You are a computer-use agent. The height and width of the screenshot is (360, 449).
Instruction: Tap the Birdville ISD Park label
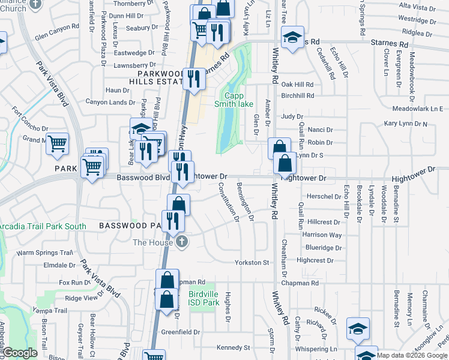(x=203, y=298)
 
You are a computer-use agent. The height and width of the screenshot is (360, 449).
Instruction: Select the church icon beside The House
(x=181, y=242)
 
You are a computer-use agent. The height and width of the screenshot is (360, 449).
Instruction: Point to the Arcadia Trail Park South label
(x=43, y=226)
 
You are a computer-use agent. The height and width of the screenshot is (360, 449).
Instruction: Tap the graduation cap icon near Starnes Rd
(x=292, y=40)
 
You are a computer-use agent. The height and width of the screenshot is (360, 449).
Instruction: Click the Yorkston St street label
(x=252, y=263)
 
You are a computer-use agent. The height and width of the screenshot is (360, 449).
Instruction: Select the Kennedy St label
(x=233, y=347)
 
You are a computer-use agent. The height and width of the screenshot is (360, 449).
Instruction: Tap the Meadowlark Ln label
(x=417, y=109)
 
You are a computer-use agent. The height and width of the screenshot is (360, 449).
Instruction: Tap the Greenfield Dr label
(x=181, y=332)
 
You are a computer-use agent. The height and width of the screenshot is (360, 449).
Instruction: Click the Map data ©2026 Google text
(x=412, y=355)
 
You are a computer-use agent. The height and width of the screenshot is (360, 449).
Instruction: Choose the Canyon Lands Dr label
(x=110, y=103)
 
